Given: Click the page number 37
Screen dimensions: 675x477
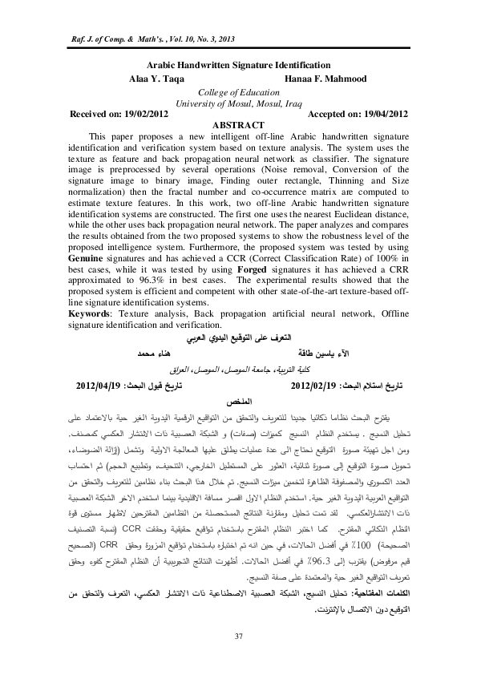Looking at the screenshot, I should [x=238, y=637].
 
